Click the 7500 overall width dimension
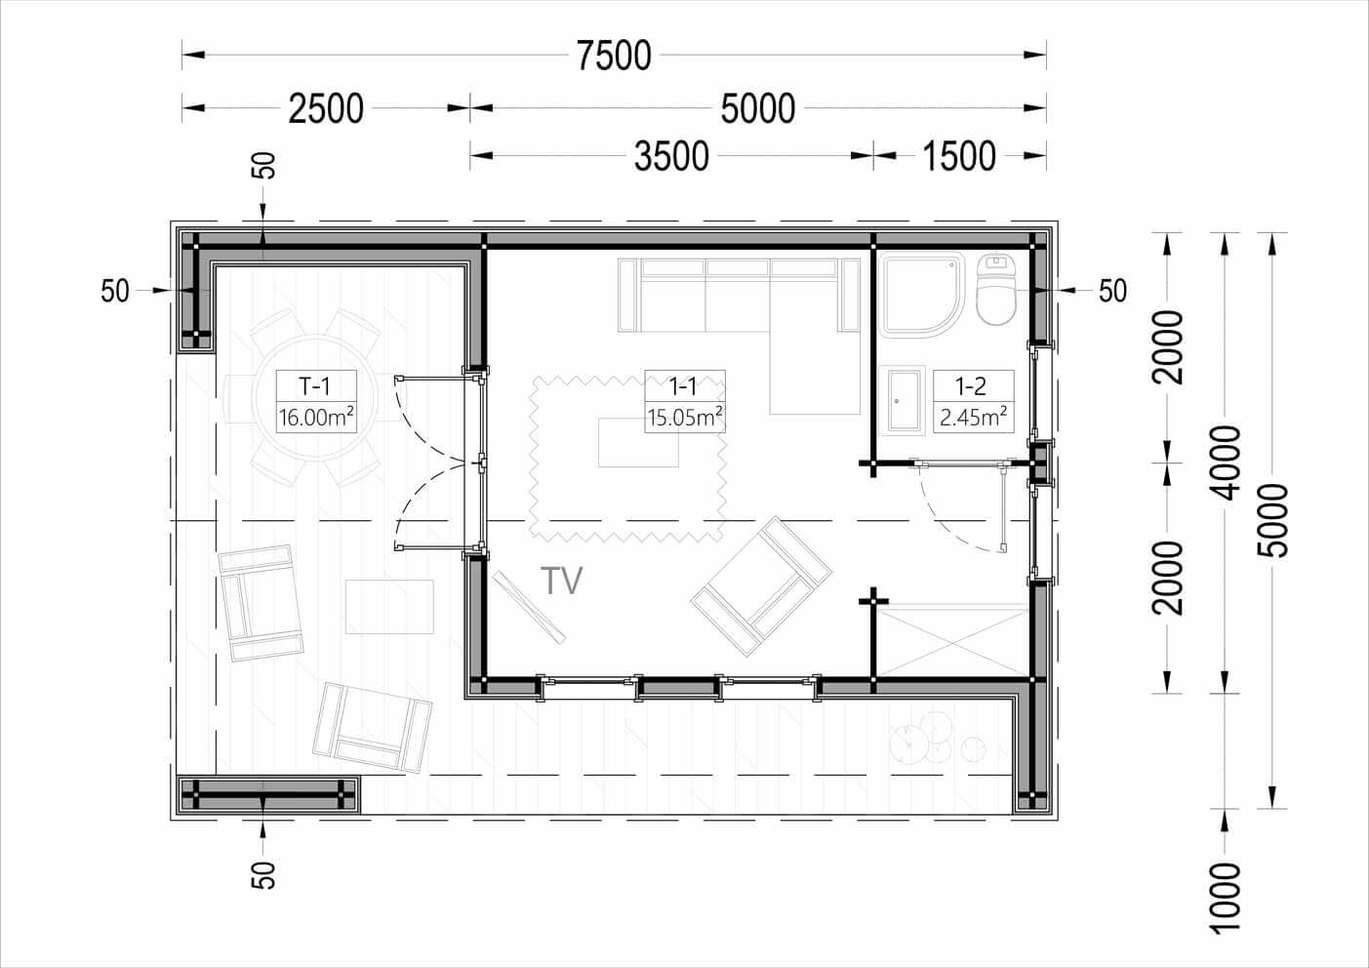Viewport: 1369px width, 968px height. (614, 56)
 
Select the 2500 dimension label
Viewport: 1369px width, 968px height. (326, 108)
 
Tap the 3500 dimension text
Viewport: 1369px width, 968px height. (671, 156)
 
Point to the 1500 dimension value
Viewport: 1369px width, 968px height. (959, 156)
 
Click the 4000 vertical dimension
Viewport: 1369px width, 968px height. (1225, 463)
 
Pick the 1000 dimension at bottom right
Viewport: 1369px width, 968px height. (1225, 899)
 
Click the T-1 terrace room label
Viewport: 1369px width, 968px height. (315, 385)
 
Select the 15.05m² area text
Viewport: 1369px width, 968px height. (685, 418)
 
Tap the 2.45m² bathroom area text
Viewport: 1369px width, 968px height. (973, 418)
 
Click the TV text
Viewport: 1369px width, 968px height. (562, 581)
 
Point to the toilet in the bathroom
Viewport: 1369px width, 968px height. (996, 288)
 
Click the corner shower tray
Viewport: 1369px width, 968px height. (923, 295)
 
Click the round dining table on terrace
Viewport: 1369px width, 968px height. (315, 398)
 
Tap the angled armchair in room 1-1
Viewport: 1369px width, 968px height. (761, 586)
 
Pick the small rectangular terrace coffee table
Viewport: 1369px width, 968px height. (389, 607)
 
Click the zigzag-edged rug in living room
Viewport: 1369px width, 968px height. (627, 459)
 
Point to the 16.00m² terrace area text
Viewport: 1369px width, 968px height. (316, 418)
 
